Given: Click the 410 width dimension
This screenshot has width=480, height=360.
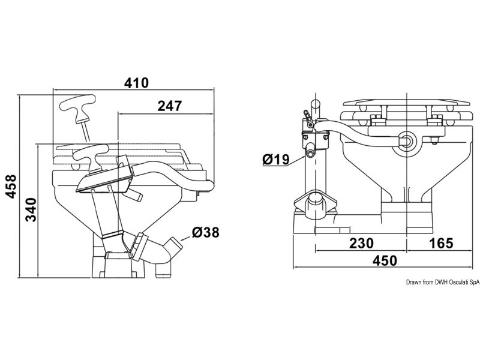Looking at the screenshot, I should [x=136, y=83].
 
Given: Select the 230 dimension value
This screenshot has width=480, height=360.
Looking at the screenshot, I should [x=361, y=243].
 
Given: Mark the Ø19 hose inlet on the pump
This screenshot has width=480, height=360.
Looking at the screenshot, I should [x=311, y=153].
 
